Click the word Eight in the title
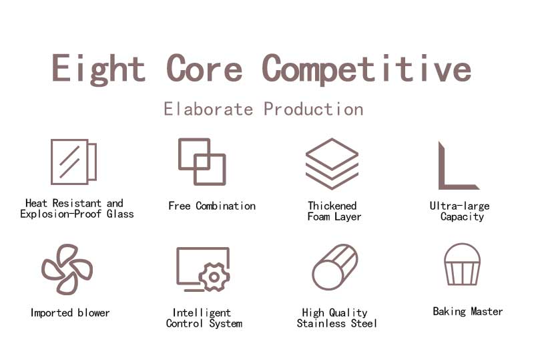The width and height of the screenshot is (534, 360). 98,69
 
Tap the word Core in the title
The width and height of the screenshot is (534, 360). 204,68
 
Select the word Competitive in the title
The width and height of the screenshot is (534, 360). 366,69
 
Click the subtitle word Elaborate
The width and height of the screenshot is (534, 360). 208,109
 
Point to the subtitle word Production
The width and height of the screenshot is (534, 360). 314,109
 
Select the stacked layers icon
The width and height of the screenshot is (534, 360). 332,164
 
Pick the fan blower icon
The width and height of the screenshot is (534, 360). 67,269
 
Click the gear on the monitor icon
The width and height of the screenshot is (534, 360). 214,277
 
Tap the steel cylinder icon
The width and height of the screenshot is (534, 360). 335,267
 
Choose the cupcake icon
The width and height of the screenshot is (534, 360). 462,264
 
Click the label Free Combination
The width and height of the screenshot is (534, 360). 212,206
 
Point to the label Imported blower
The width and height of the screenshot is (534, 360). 70,313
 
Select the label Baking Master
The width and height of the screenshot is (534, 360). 468,311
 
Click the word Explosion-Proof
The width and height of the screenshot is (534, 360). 61,214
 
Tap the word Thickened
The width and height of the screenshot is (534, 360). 332,206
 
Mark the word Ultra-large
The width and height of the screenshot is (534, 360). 459,206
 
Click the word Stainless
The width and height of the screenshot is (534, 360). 321,323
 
